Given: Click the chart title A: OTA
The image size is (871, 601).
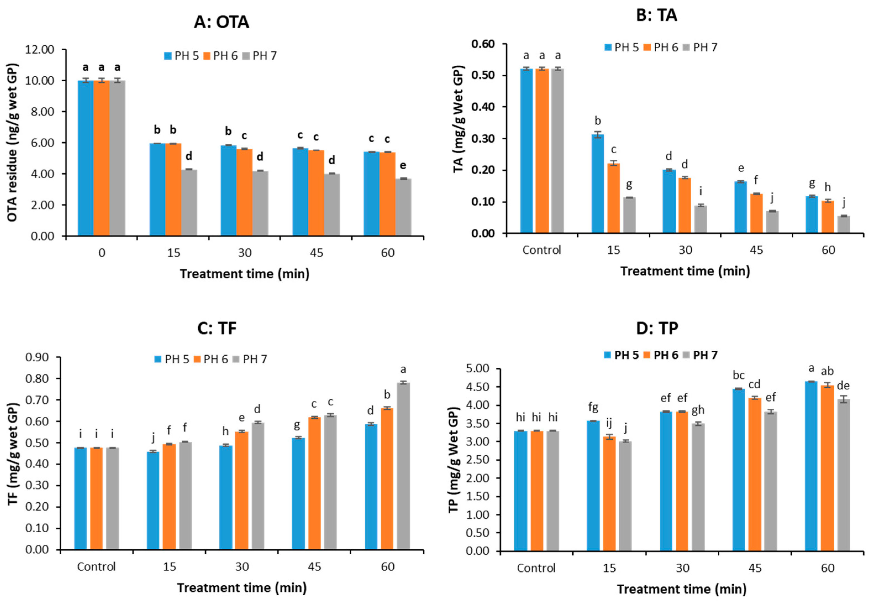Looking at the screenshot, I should (221, 22).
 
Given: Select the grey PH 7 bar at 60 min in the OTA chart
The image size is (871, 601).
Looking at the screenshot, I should (403, 207).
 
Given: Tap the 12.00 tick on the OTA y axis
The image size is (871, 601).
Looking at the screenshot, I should (40, 50).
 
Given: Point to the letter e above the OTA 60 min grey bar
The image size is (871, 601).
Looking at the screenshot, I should (403, 165).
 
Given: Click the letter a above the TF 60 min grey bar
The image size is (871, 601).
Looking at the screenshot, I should (403, 369).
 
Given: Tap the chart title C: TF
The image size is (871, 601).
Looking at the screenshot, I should (217, 328).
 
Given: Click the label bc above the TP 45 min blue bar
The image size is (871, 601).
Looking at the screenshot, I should (738, 376).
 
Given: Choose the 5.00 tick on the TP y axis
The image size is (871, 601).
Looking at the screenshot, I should (478, 369).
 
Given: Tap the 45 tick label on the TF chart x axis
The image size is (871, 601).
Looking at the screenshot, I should (314, 567).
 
